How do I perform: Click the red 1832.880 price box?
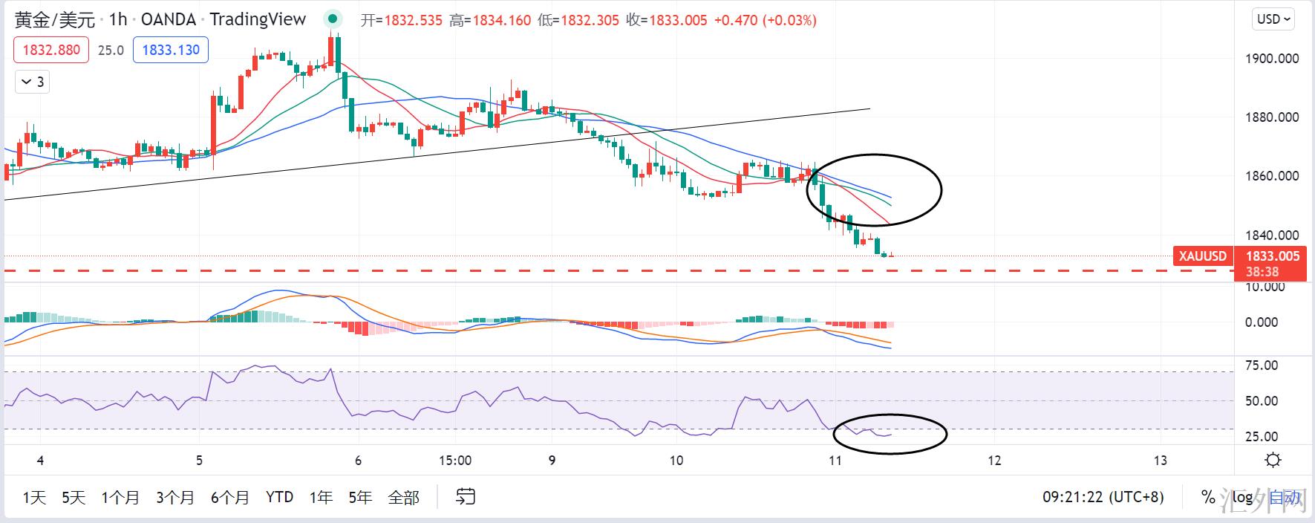click(51, 50)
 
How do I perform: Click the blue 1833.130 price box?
click(171, 50)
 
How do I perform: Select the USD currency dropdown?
click(1273, 19)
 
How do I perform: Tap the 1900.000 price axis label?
click(1272, 59)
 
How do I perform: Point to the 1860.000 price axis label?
click(1272, 176)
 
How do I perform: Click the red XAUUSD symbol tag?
click(1203, 256)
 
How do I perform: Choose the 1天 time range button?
click(34, 497)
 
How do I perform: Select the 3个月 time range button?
click(175, 497)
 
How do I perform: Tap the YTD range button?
click(279, 496)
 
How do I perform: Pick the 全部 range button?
click(403, 497)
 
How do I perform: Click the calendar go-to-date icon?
click(466, 496)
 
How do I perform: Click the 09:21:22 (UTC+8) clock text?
click(1103, 497)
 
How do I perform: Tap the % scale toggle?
click(1208, 497)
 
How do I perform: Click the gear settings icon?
click(1273, 460)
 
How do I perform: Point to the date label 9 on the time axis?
click(552, 461)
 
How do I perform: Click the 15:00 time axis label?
click(454, 461)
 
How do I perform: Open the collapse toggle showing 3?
click(32, 82)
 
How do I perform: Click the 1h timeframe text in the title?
click(118, 20)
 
